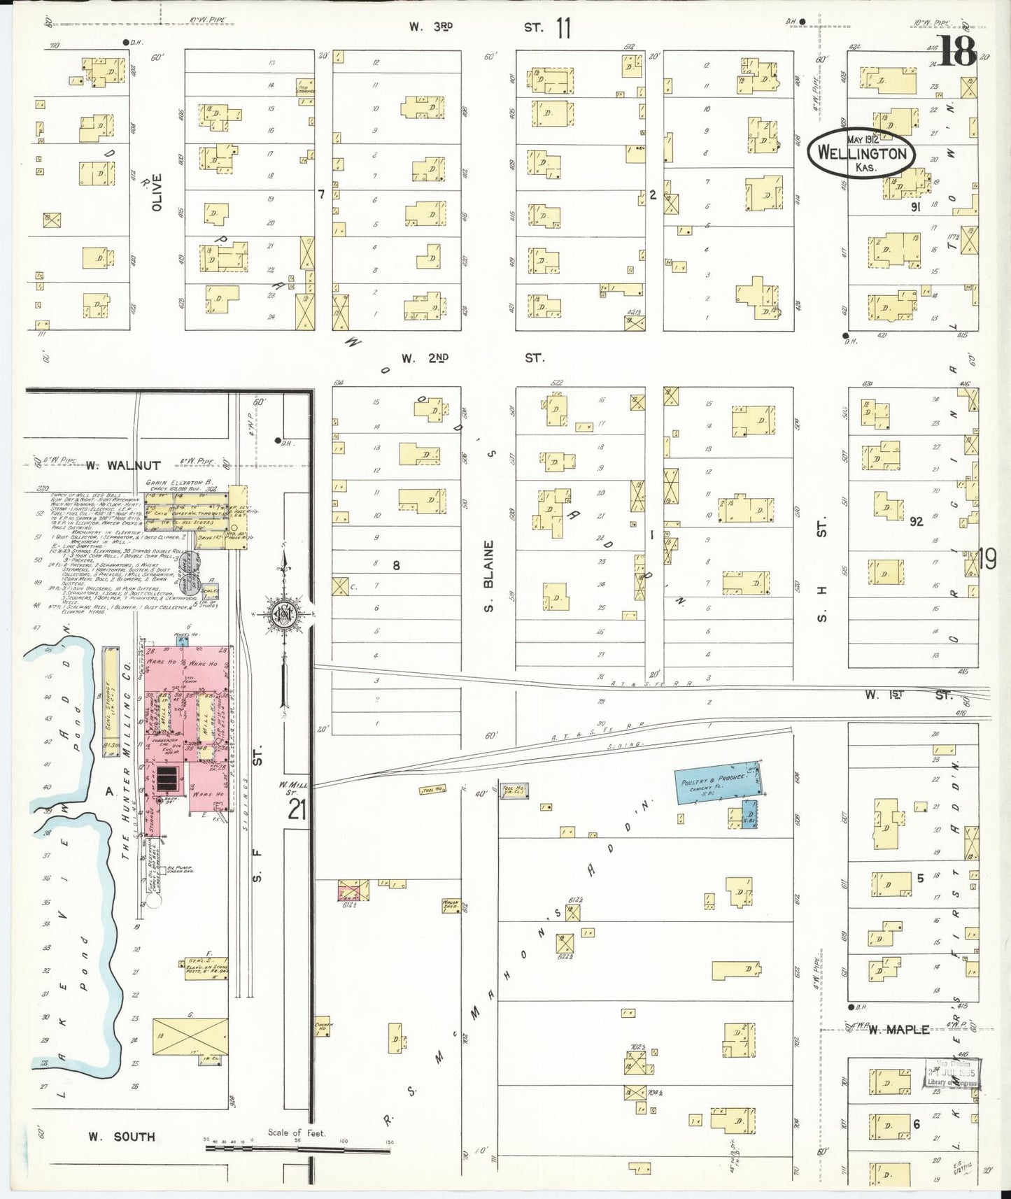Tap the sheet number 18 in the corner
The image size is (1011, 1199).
coord(957,50)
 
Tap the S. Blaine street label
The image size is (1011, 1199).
coord(489,576)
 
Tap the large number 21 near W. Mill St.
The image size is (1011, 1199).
coord(297,810)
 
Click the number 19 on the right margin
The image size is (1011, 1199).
coord(987,560)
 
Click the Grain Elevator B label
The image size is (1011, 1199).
coord(178,483)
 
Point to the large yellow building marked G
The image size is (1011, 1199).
coord(190,1036)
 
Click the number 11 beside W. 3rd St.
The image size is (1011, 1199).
coord(563,28)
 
